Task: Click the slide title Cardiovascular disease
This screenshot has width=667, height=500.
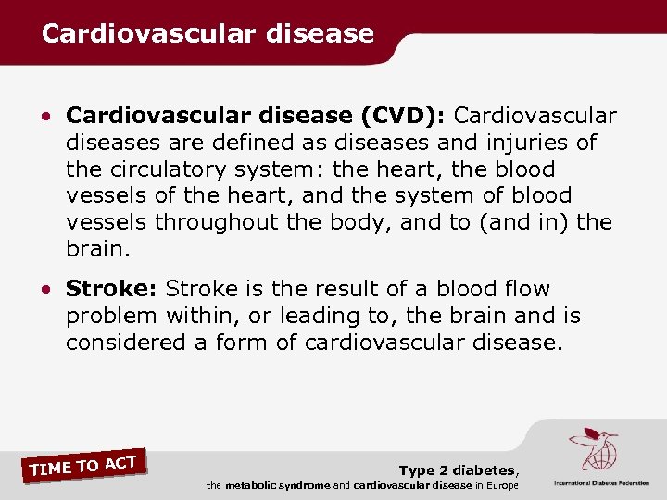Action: tap(208, 34)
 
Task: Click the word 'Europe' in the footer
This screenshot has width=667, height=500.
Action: tap(502, 486)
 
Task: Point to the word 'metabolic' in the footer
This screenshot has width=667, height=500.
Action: tap(254, 486)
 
